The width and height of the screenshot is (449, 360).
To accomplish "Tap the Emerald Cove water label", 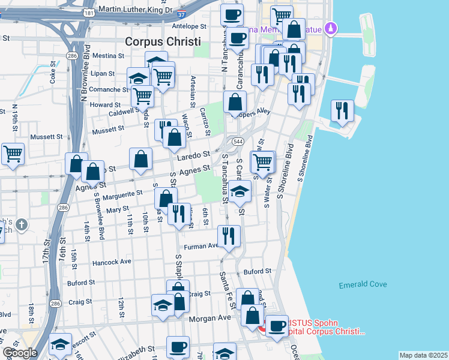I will coord(363,284).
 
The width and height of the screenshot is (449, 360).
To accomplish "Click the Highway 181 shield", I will coord(89,12).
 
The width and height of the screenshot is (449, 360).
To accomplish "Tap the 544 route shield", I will coord(238,142).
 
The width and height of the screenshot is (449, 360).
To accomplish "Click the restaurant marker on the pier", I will coord(342,110).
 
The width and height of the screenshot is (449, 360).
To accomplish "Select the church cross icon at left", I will coord(22,225).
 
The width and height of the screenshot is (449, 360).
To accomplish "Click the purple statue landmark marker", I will coord(330,28).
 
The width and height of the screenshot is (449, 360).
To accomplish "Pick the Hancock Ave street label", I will coord(112,262).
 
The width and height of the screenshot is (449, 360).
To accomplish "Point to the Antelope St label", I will coord(188,26).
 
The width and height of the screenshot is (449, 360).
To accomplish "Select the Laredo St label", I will coord(193,157).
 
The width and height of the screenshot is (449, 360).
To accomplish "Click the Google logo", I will coord(20,353).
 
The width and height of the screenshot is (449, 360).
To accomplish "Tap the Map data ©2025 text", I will coord(423,355).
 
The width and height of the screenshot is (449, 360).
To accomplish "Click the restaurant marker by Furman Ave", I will coord(228,235).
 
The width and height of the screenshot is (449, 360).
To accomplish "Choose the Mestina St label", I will coord(108,55).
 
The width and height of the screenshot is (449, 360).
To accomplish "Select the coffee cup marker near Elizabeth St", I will coord(178,346).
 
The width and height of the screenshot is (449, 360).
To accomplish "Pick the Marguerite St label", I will coord(122,194).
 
